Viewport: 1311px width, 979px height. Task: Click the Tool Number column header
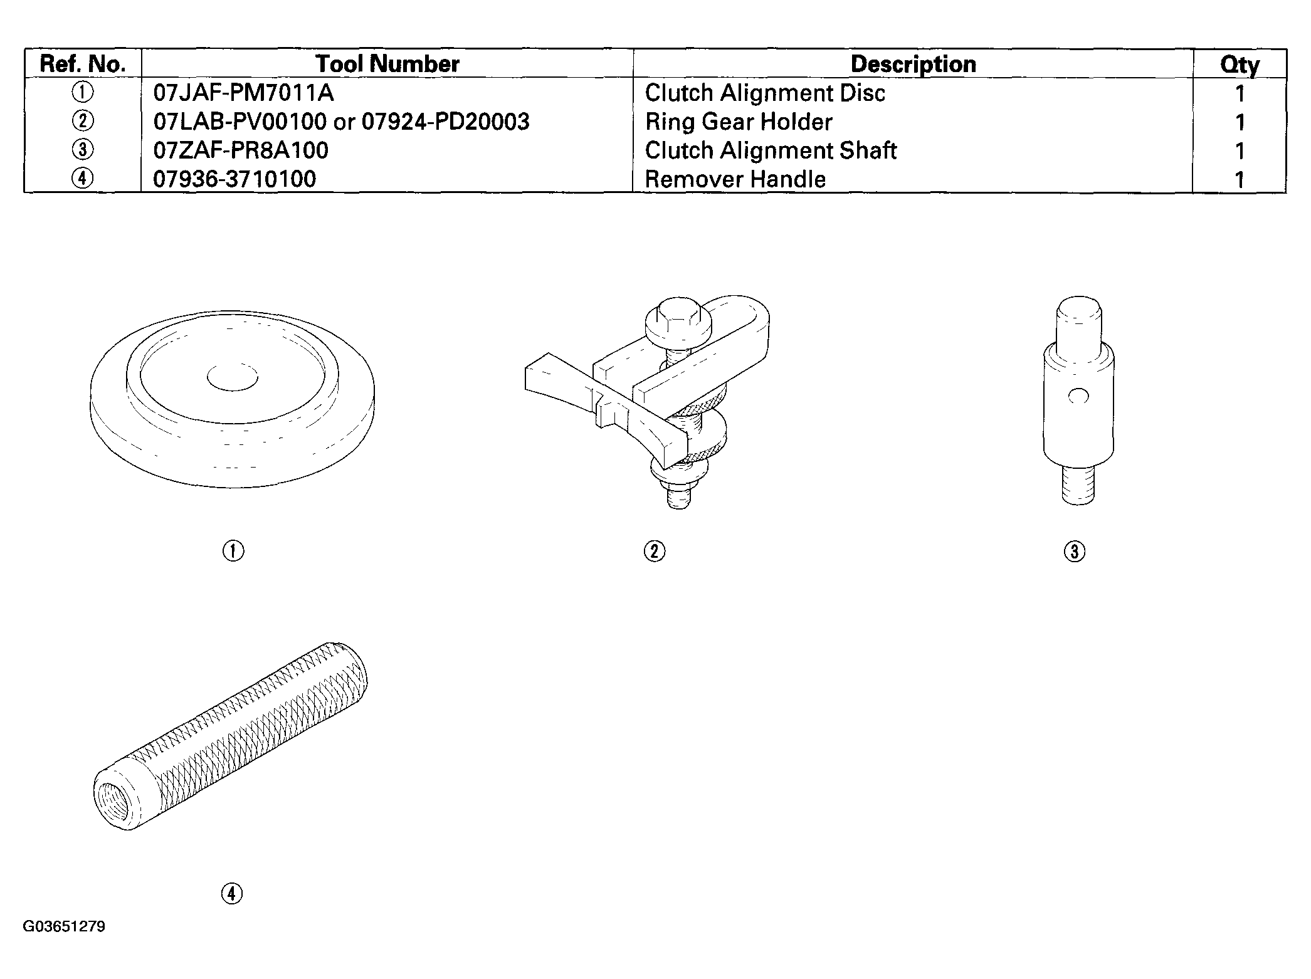387,64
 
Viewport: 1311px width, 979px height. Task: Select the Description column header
913,64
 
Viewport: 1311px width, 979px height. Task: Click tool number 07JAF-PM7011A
244,93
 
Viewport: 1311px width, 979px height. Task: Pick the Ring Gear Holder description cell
739,122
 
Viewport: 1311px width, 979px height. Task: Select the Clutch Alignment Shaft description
771,150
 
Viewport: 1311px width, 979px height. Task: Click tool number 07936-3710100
235,179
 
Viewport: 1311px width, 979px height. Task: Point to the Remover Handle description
735,179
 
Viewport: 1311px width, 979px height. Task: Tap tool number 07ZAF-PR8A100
241,150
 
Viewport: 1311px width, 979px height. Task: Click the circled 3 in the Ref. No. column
83,150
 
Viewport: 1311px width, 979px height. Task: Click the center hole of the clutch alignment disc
232,377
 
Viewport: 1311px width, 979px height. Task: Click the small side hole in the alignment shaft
1078,396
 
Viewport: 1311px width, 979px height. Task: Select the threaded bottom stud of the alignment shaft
1079,484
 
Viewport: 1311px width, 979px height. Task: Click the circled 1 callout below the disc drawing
233,551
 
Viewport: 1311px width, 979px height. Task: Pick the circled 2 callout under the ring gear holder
655,552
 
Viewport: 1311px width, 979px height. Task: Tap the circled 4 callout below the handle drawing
232,893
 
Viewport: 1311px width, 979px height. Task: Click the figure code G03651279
64,926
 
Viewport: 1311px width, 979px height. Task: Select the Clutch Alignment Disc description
765,93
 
